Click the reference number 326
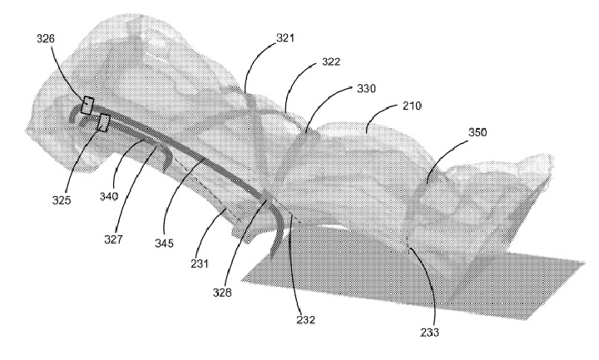[x=46, y=38]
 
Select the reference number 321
[x=285, y=38]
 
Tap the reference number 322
[x=331, y=62]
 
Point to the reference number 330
[x=366, y=89]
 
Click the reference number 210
[x=412, y=106]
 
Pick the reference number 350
[x=478, y=132]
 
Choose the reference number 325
[x=62, y=200]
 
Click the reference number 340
[x=109, y=196]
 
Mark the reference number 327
[x=113, y=239]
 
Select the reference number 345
[x=164, y=243]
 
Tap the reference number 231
[x=200, y=264]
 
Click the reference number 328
[x=222, y=293]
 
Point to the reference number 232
[x=306, y=319]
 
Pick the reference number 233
[x=429, y=333]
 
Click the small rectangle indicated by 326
[x=87, y=106]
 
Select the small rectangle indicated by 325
[x=103, y=122]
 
